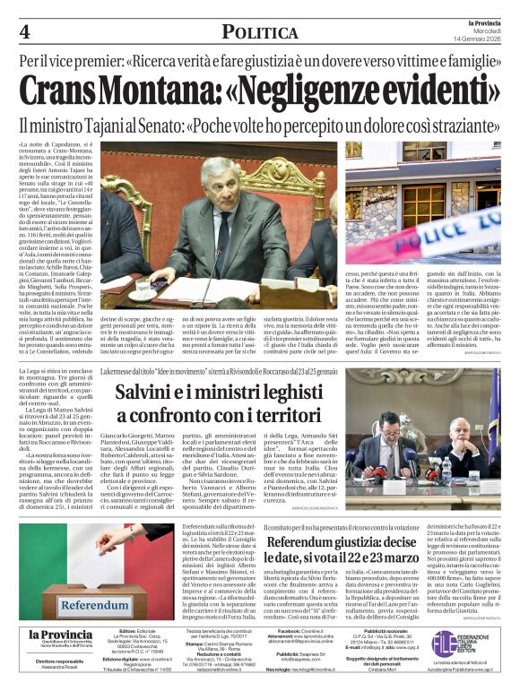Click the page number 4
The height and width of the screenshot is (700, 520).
click(24, 32)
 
